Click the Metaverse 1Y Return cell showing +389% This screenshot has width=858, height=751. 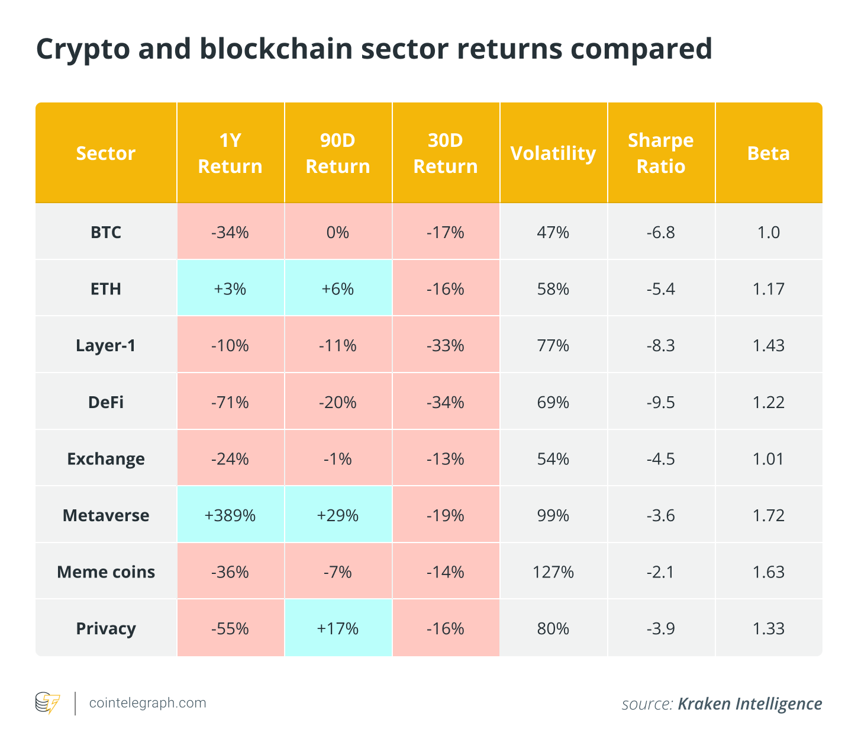(x=230, y=515)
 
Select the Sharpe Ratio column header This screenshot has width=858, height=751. (x=660, y=153)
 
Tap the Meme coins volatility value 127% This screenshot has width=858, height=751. (x=553, y=572)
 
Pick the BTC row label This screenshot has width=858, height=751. (x=106, y=232)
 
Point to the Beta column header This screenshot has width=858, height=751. (x=768, y=153)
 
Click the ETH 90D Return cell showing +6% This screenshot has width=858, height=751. (x=338, y=288)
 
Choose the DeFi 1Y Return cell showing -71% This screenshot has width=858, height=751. (x=230, y=402)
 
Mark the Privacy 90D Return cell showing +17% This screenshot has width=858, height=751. (x=338, y=628)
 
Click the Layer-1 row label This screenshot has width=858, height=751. (x=106, y=345)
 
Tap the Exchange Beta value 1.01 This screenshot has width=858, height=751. (x=768, y=459)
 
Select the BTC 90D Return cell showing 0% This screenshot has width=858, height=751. (x=338, y=232)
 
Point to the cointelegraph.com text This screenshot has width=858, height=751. (x=147, y=702)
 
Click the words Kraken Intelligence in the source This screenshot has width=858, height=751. (x=750, y=704)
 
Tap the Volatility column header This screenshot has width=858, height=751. (x=553, y=153)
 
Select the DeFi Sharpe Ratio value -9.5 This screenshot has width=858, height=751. (x=660, y=402)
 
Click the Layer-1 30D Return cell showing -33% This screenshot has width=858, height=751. (x=446, y=345)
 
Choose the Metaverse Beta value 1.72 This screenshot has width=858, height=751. (x=768, y=515)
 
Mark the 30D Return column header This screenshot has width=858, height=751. (x=446, y=153)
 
